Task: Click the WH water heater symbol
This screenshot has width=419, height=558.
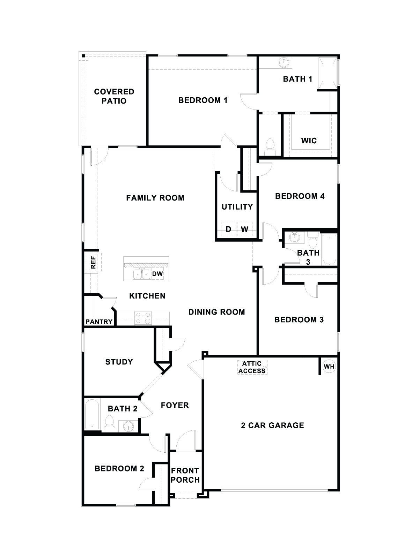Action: [x=329, y=367]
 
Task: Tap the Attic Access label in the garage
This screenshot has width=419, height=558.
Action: [x=252, y=368]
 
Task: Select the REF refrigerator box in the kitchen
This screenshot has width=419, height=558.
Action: [x=93, y=262]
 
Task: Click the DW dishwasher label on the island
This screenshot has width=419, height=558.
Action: [x=157, y=274]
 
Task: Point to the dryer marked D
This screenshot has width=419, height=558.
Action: [x=229, y=229]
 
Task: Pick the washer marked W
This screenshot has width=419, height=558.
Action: [x=245, y=229]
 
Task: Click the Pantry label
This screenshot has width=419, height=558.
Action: [x=99, y=322]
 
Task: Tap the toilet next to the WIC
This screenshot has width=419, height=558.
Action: [x=270, y=147]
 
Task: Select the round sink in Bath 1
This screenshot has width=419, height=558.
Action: [x=284, y=63]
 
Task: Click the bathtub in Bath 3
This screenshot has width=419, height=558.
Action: [x=329, y=249]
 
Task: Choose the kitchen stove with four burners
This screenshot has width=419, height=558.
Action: [x=143, y=318]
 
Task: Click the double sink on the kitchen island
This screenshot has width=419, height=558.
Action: [x=142, y=274]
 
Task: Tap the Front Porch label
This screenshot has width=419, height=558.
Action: [x=185, y=475]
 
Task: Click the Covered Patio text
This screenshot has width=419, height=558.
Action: [x=114, y=96]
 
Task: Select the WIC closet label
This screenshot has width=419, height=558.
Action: [x=309, y=141]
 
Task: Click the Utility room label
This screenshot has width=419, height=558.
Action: [x=237, y=207]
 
